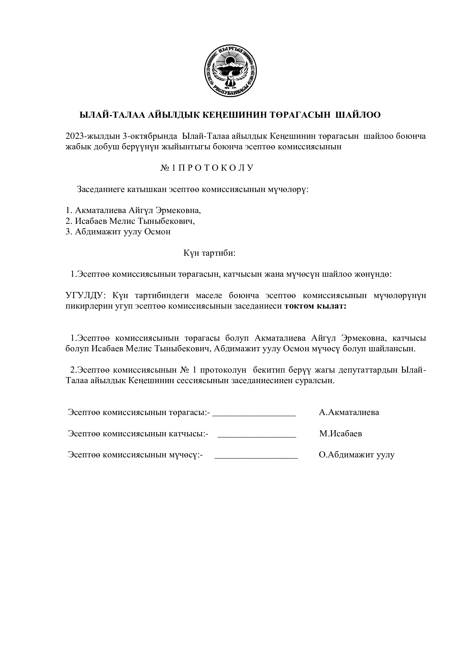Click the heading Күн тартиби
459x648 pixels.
point(210,253)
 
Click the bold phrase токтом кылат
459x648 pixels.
point(316,306)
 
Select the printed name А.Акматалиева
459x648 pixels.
point(349,412)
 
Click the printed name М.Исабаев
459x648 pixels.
point(341,434)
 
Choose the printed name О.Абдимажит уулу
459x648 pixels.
point(357,455)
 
